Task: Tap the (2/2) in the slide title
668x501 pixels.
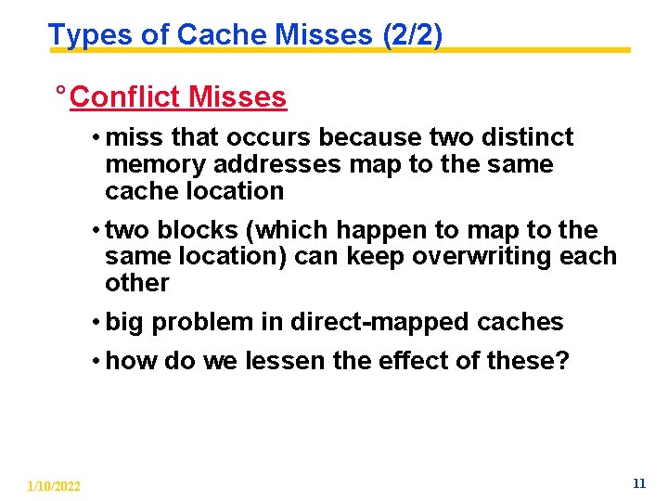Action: [411, 34]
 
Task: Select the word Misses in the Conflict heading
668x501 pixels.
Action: [237, 96]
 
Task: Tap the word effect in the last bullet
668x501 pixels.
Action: [399, 361]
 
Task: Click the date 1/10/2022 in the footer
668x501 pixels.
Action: [53, 486]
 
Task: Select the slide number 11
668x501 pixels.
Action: [638, 483]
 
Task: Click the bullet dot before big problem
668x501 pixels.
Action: [96, 323]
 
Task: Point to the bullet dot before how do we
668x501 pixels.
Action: [96, 362]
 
